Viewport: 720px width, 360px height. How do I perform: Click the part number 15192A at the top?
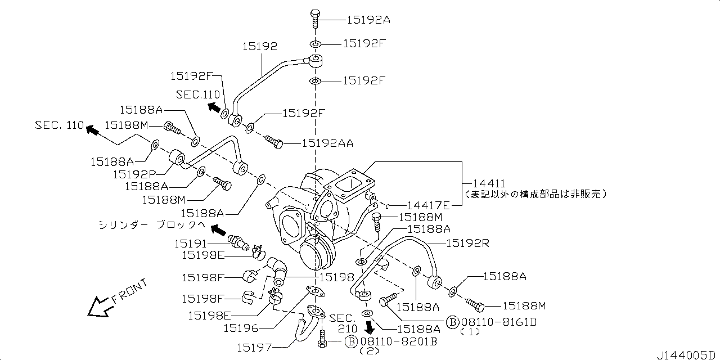(x=368, y=20)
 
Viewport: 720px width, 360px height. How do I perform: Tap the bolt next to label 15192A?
(x=314, y=19)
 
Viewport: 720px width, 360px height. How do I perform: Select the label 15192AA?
(x=327, y=143)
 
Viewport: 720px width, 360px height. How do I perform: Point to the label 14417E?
(x=429, y=206)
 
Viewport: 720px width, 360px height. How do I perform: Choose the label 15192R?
(x=468, y=244)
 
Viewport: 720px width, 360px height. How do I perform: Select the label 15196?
(x=241, y=327)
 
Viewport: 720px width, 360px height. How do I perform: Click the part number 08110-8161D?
(x=498, y=322)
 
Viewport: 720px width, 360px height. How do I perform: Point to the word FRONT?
(x=130, y=291)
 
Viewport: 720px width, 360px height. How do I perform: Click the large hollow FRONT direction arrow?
(x=97, y=307)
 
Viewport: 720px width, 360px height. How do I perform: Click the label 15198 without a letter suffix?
(x=336, y=277)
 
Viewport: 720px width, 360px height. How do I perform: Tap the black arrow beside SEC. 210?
(x=370, y=327)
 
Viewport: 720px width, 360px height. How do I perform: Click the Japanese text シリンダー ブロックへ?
(x=150, y=226)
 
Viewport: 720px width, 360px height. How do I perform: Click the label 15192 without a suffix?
(x=260, y=47)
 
